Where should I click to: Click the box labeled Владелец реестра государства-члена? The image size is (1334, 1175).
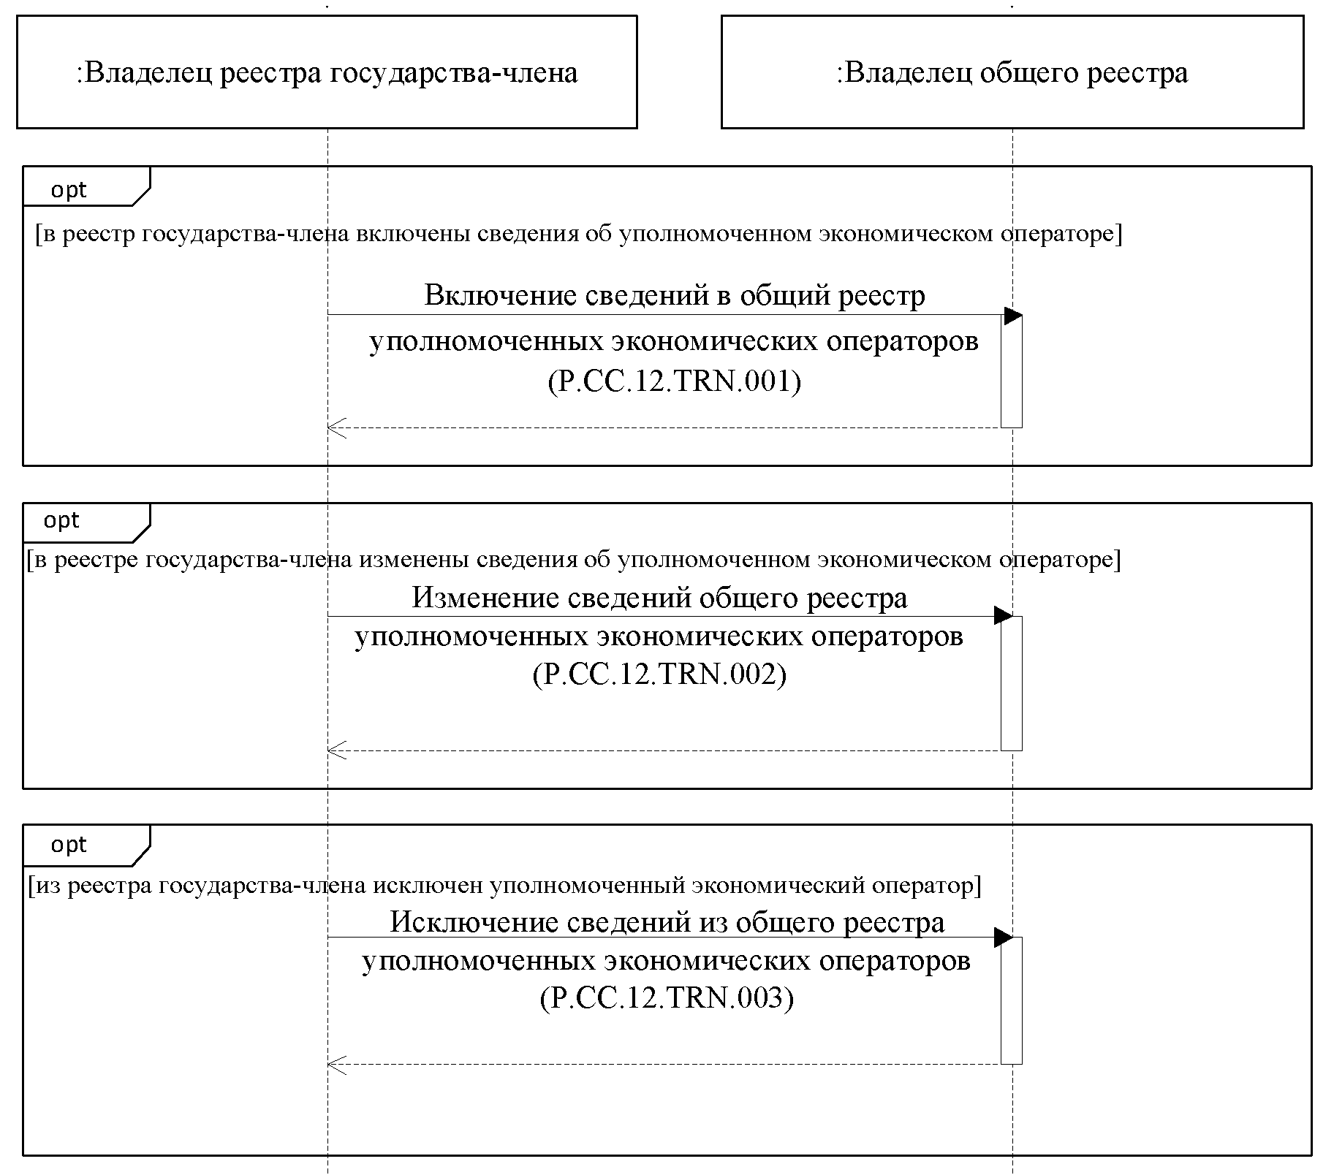pos(327,72)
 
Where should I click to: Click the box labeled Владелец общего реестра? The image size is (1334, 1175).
pos(1012,72)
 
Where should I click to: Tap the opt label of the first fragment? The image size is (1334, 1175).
pos(69,190)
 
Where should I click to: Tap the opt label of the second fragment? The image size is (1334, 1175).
pos(61,520)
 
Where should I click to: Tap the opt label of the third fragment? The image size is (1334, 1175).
pos(69,845)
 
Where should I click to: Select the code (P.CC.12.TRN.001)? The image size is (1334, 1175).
pos(674,381)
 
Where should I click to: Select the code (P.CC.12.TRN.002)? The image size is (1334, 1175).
pos(659,674)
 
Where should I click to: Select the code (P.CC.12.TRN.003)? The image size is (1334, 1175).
pos(667,997)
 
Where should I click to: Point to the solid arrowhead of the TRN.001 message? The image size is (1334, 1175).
pos(1012,316)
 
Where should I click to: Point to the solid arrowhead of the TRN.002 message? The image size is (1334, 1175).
pos(1003,615)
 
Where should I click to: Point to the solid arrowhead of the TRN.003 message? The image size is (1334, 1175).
pos(1003,938)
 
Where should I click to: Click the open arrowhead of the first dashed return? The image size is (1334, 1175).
pos(336,428)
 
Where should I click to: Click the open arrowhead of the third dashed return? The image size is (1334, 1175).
pos(336,1065)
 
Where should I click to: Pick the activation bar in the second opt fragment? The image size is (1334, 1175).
pos(1012,682)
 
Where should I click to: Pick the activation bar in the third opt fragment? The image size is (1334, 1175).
pos(1012,1000)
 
